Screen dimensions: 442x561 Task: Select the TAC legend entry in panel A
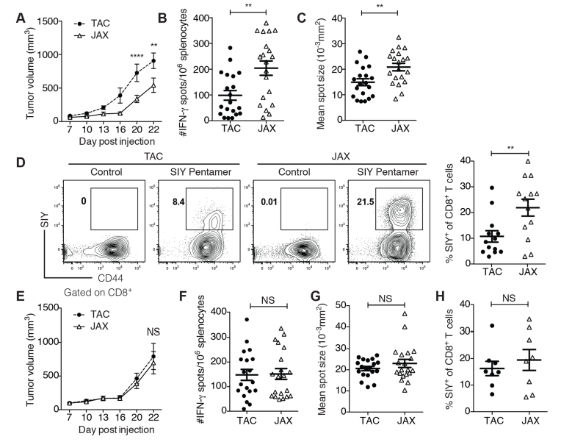pos(83,14)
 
